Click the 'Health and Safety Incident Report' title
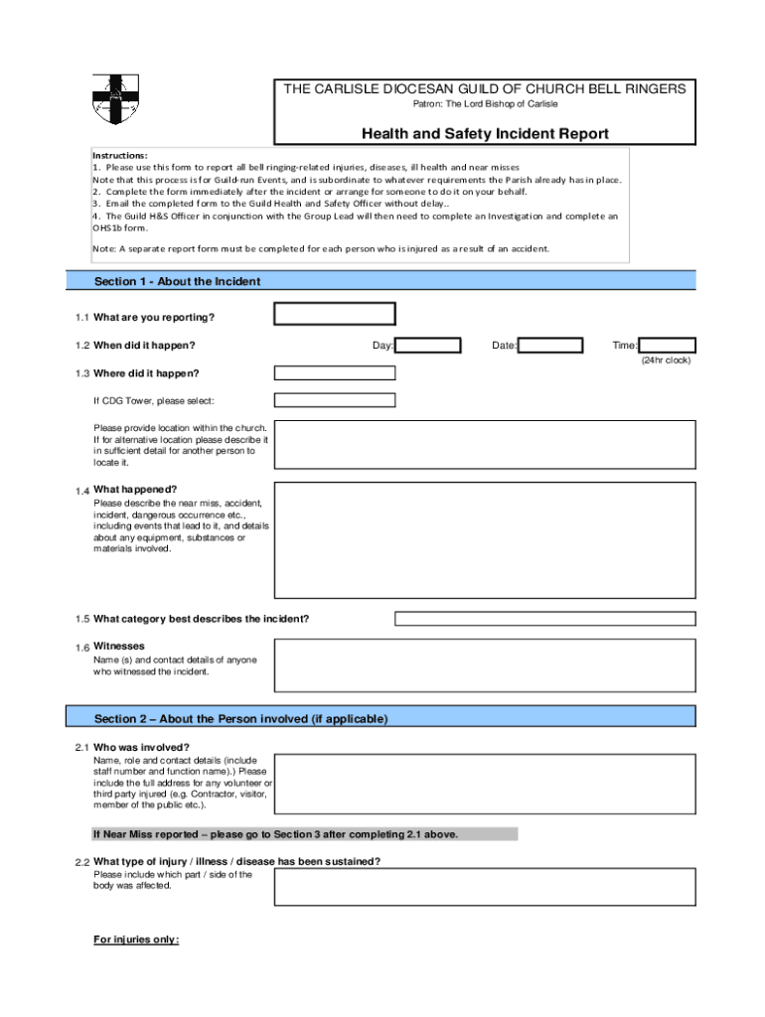pos(485,134)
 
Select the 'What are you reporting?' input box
pos(335,315)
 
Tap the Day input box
pos(428,346)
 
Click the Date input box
pos(550,346)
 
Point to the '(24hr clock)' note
pos(666,360)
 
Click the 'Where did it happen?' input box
pos(335,373)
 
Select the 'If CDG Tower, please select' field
pos(335,400)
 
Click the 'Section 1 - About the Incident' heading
pos(177,282)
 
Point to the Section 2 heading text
pos(240,719)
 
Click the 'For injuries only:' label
pos(136,939)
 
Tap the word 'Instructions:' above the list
pos(120,156)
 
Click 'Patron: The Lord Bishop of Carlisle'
pos(485,104)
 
